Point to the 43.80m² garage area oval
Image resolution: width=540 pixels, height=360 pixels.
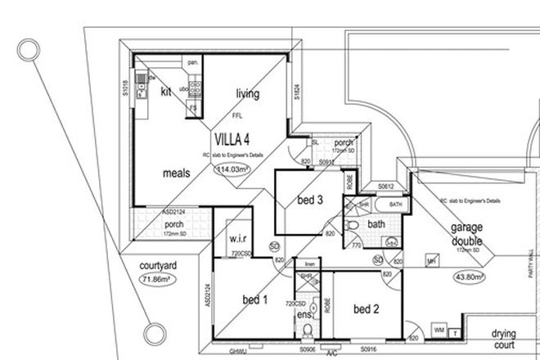coord(469,277)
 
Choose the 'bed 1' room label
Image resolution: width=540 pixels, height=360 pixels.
coord(255,301)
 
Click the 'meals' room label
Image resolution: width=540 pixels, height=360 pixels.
coord(177,174)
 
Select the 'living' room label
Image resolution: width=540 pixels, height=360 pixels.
coord(247,94)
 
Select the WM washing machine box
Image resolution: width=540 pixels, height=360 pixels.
coord(438,331)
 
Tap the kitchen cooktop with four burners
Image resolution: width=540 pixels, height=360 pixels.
coord(196,83)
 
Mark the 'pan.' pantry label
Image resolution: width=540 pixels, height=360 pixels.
coord(194,62)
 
